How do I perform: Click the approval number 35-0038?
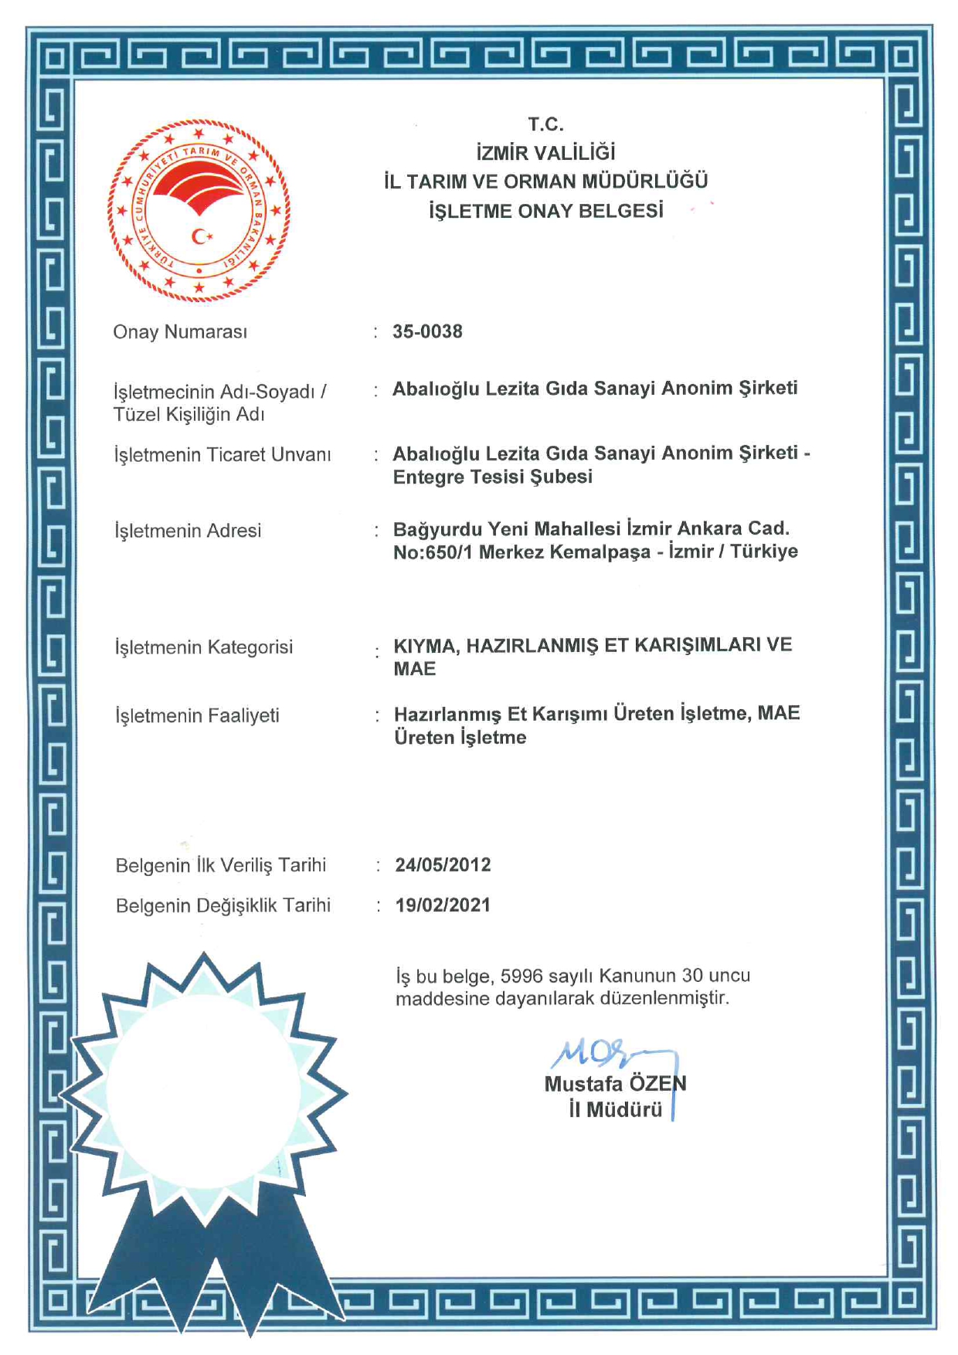coord(427,331)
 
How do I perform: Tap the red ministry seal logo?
coord(199,209)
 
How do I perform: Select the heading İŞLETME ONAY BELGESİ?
coord(546,211)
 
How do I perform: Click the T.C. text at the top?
coord(546,124)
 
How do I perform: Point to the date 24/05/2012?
coord(443,864)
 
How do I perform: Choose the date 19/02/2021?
coord(443,905)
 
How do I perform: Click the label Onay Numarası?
coord(180,332)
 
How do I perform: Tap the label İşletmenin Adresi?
coord(188,531)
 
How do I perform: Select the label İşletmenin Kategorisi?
coord(204,647)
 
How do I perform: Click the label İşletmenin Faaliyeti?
coord(197,716)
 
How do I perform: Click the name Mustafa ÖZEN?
coord(615,1084)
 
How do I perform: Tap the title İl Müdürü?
coord(616,1110)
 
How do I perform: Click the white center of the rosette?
coord(203,1090)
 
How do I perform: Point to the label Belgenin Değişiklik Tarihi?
coord(223,905)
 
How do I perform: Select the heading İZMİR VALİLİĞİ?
coord(546,153)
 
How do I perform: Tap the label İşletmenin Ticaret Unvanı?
coord(223,455)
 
